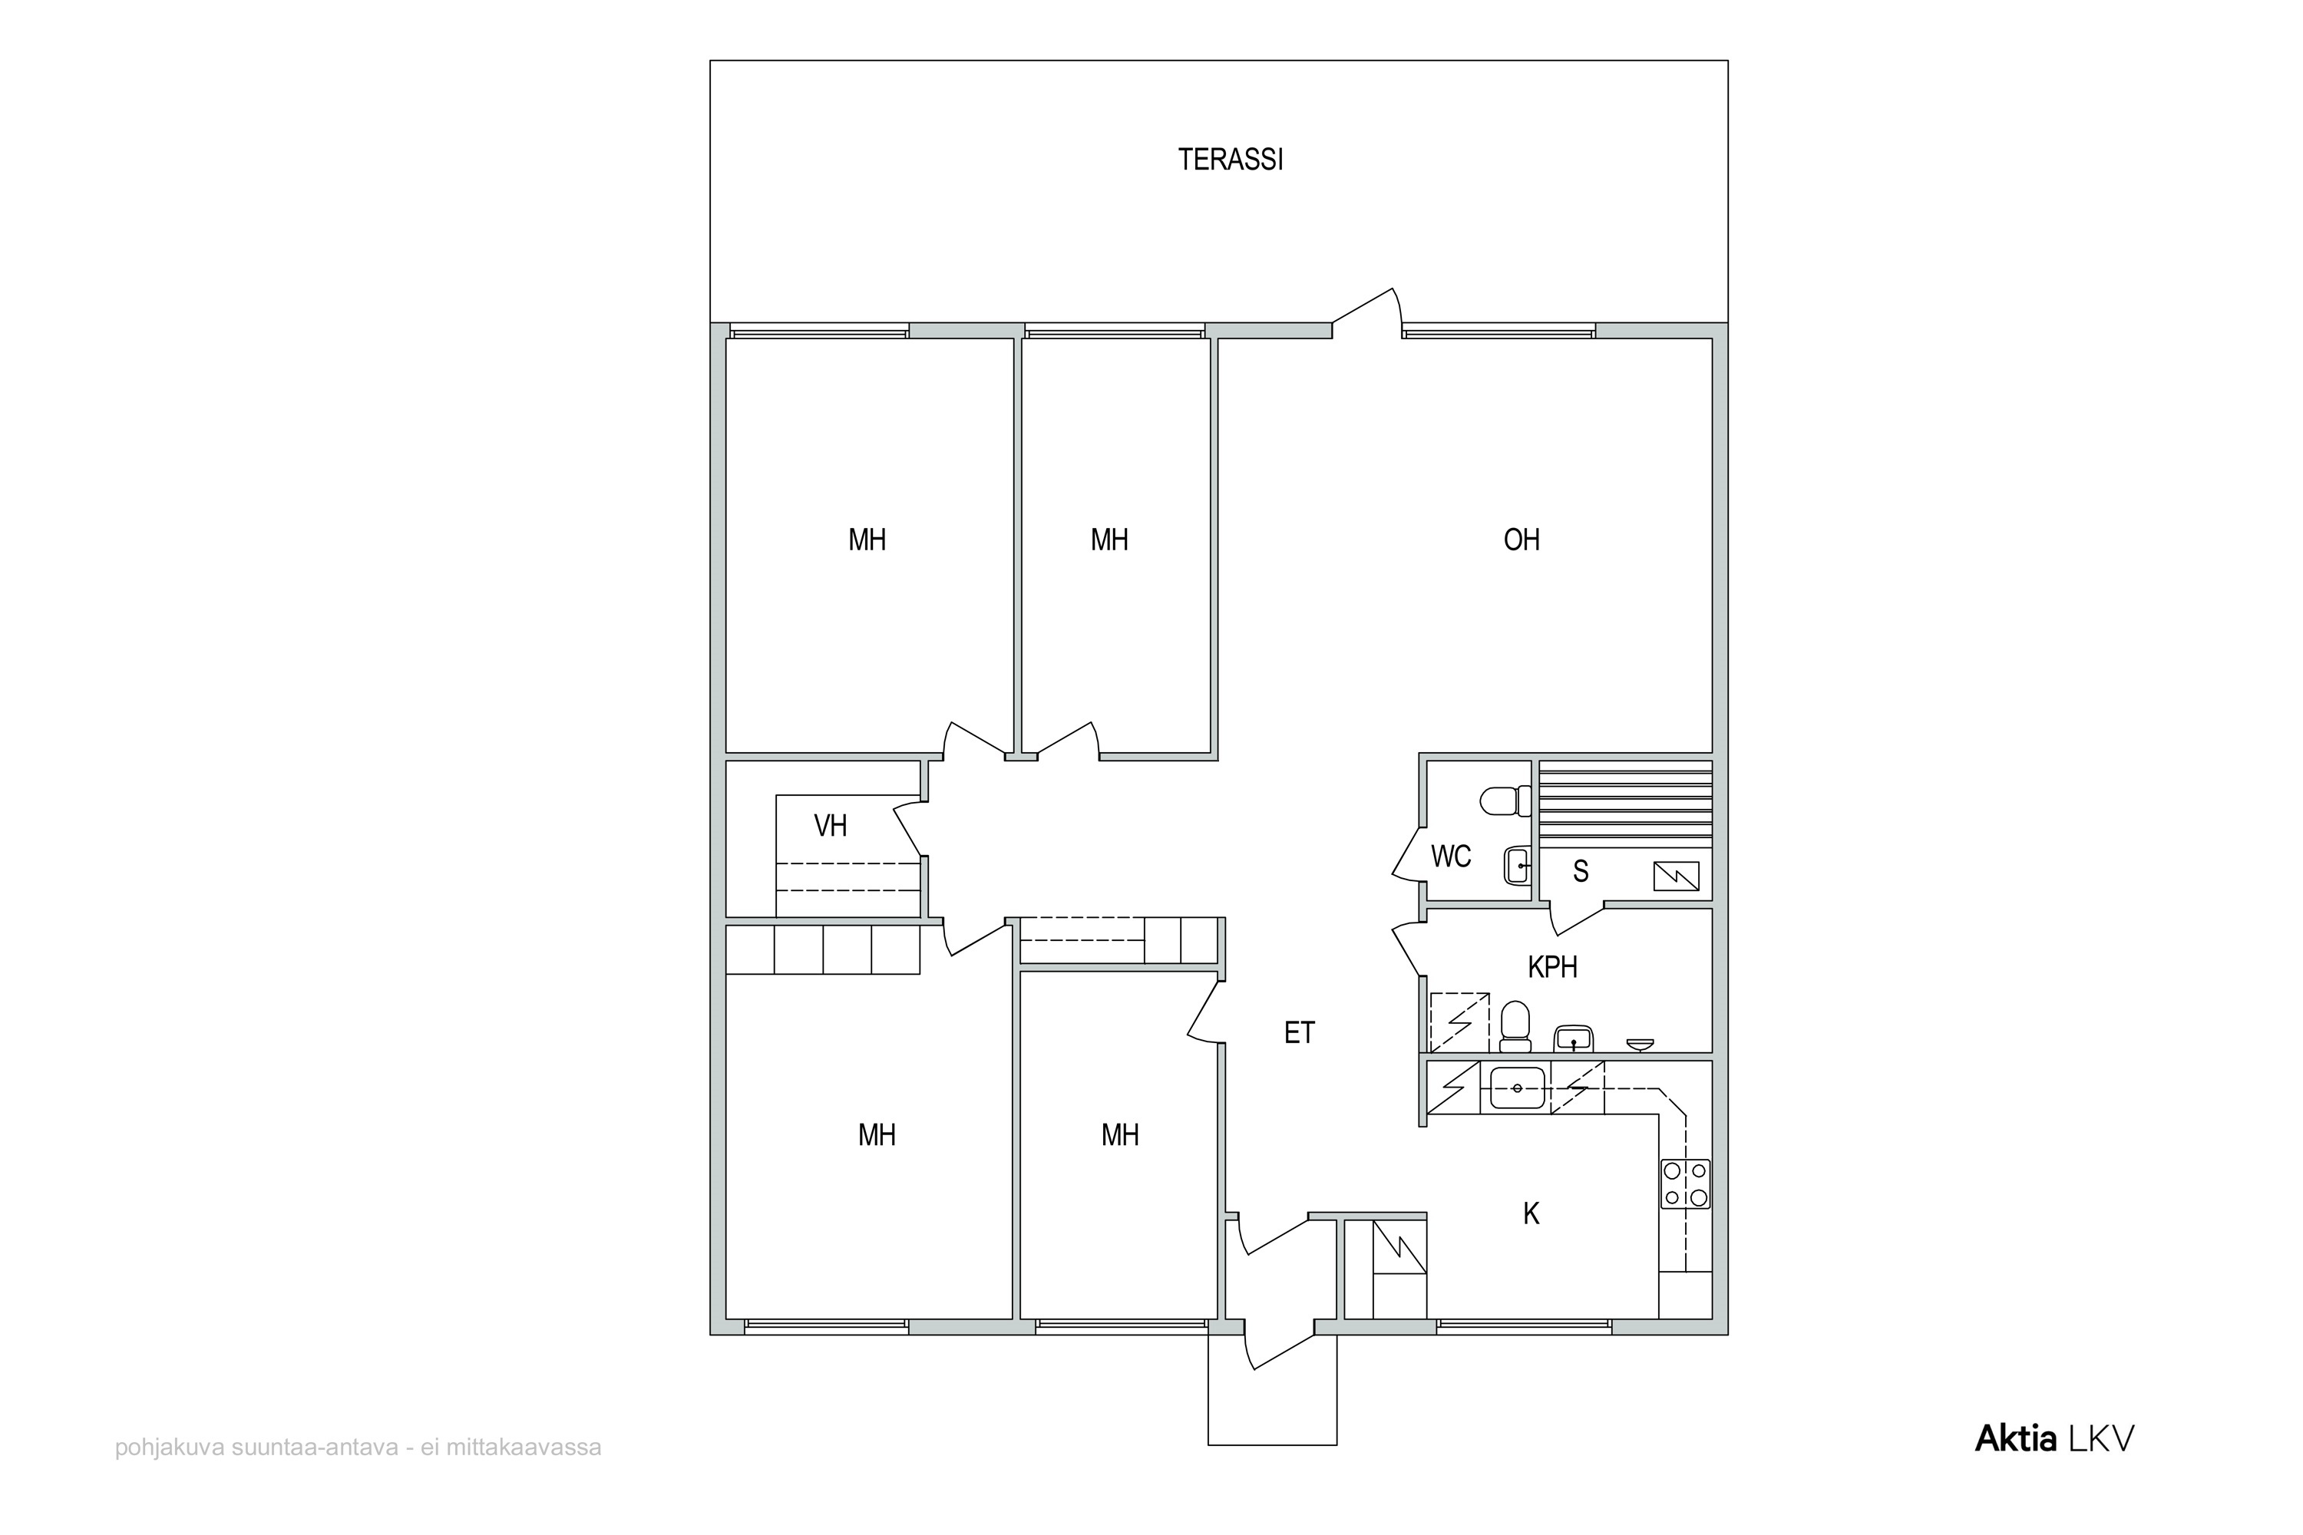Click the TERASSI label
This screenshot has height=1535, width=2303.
coord(1230,160)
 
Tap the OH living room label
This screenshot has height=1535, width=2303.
coord(1522,540)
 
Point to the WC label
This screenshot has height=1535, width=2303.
coord(1450,857)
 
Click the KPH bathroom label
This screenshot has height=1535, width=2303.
coord(1553,967)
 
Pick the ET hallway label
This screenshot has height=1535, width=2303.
coord(1300,1033)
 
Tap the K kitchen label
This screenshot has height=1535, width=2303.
coord(1531,1214)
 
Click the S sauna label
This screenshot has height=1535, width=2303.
coord(1581,871)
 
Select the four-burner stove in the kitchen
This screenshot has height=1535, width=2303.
coord(1685,1183)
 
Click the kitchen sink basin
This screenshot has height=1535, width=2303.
coord(1518,1088)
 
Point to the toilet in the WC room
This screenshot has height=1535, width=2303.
coord(1505,801)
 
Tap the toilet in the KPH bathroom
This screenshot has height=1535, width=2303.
coord(1515,1026)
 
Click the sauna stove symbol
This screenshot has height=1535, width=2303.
coord(1677,876)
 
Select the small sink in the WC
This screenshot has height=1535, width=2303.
coord(1518,866)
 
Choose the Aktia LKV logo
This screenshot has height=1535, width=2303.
coord(2054,1439)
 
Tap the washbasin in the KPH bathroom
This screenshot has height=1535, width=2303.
coord(1574,1038)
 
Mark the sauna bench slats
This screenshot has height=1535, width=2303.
coord(1625,804)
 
